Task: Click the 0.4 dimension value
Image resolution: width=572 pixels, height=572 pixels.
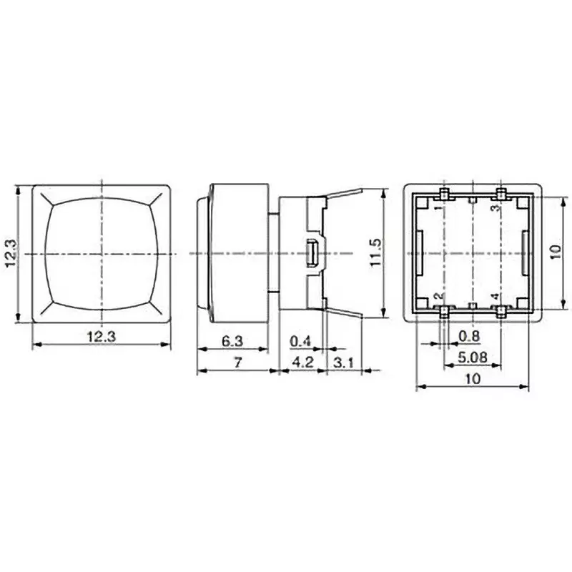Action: click(300, 341)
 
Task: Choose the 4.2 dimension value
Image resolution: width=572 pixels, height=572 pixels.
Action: click(304, 363)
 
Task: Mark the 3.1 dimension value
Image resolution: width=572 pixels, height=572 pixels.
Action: click(344, 363)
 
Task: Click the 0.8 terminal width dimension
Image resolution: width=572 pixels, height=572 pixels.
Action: click(469, 335)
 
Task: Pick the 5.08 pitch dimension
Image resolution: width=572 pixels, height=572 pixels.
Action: click(471, 355)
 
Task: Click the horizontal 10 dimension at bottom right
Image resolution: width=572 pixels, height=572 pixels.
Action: click(473, 379)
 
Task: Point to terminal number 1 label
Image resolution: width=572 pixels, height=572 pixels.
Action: click(438, 207)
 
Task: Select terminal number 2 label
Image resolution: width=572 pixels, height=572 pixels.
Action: click(438, 295)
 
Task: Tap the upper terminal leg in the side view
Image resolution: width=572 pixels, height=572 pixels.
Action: click(347, 190)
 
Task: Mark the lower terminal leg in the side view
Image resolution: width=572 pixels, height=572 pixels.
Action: click(347, 317)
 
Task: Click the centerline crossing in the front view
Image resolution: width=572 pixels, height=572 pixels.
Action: click(104, 254)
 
